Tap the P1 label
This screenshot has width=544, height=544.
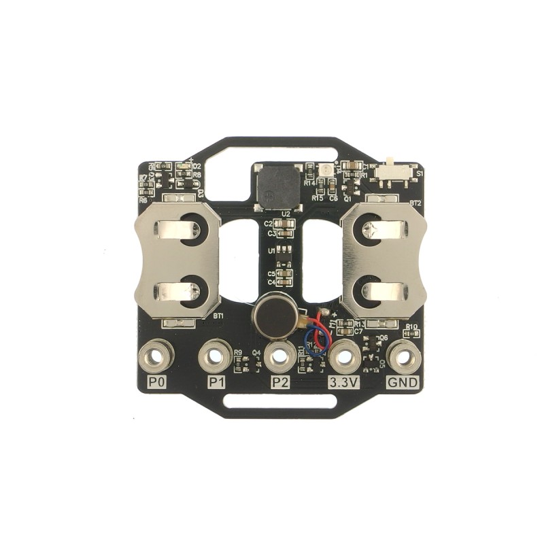click(x=216, y=383)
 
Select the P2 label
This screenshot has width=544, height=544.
click(x=279, y=383)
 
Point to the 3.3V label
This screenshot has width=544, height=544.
click(x=343, y=383)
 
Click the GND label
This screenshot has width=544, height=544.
click(x=403, y=383)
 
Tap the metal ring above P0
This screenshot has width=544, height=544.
click(x=155, y=355)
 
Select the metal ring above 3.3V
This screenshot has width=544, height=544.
click(x=345, y=355)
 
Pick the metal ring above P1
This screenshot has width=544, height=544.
click(x=216, y=355)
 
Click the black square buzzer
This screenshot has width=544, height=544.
click(x=277, y=186)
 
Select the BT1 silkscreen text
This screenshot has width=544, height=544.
click(x=218, y=316)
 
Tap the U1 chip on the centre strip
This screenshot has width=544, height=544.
click(x=283, y=251)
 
